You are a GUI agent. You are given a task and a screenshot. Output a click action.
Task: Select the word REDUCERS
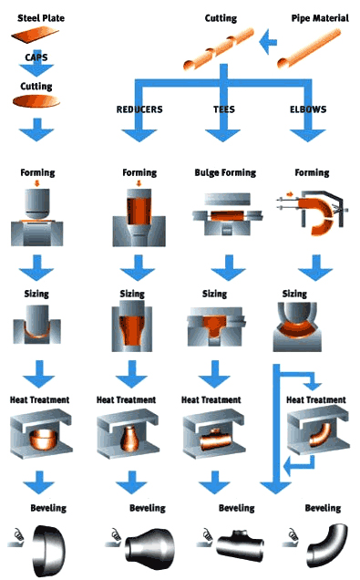click(140, 109)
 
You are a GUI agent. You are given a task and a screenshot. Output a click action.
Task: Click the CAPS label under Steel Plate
click(36, 57)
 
